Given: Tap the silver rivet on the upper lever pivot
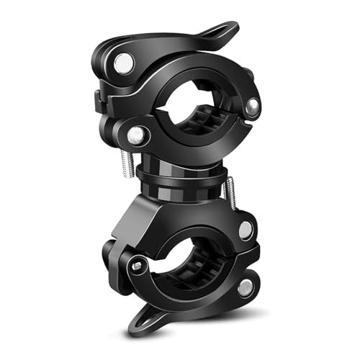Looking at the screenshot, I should [124, 63].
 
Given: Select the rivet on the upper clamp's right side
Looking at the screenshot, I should [252, 107].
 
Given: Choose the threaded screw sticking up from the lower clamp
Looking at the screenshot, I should [230, 191].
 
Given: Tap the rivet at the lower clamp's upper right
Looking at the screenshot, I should [245, 230].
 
